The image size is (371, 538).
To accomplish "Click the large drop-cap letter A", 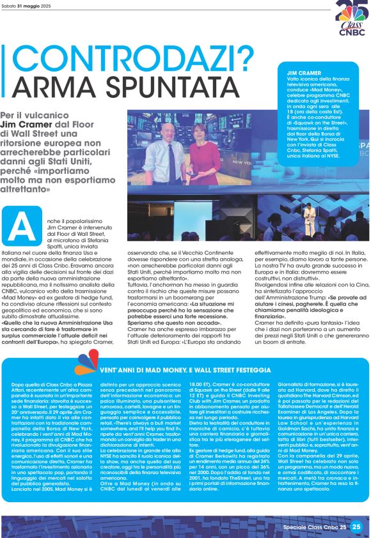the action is (x=20, y=226).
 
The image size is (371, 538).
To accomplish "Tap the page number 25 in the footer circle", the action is (x=356, y=526).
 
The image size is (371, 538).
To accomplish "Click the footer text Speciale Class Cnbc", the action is (x=311, y=527).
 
